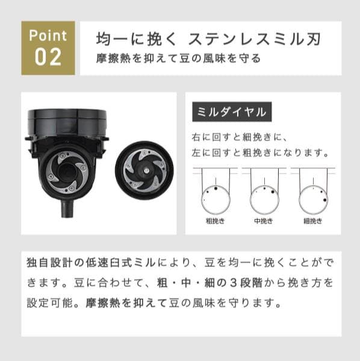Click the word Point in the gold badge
[x=48, y=36]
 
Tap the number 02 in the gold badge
[x=48, y=57]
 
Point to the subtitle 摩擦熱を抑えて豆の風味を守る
[x=179, y=59]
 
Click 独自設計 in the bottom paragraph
[x=49, y=264]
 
